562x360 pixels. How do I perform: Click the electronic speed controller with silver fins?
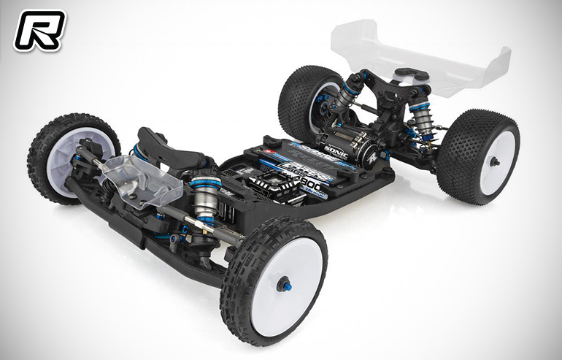267,185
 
